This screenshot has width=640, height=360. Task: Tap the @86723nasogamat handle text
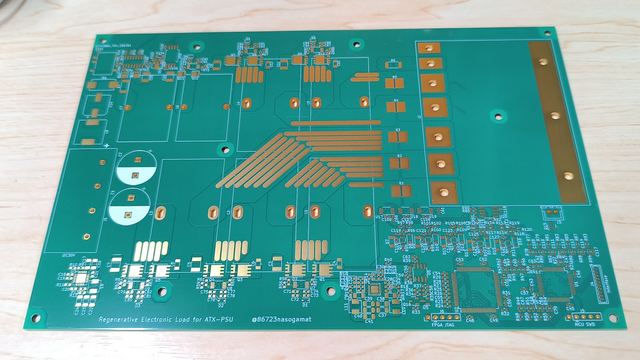[x=282, y=319]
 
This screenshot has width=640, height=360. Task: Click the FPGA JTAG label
[x=442, y=325]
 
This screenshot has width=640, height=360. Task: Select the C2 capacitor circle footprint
[x=136, y=168]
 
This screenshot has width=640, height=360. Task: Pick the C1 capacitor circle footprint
[x=129, y=206]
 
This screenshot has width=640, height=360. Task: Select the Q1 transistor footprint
[x=322, y=270]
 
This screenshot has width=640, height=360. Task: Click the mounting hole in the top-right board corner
[x=547, y=33]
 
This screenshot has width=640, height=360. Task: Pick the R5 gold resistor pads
[x=394, y=83]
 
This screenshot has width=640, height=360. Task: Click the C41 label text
[x=369, y=321]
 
